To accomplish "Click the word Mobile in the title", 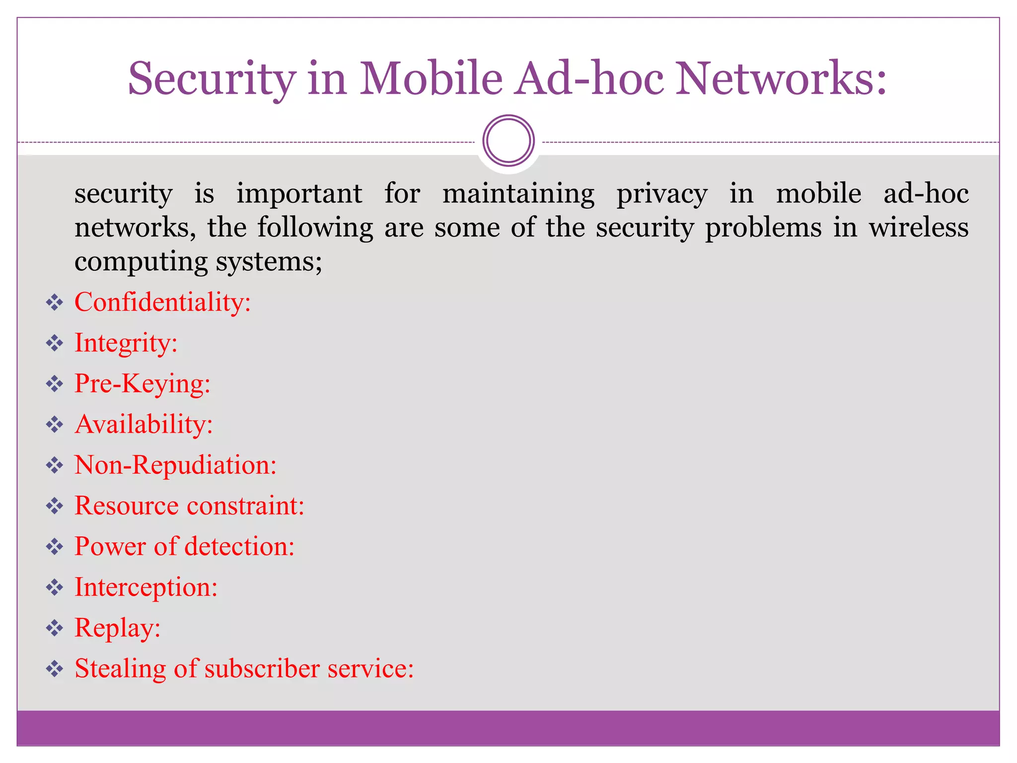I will pos(431,78).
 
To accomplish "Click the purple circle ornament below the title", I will pos(508,141).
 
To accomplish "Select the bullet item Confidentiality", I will pos(162,302).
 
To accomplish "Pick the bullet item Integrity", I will pos(126,343).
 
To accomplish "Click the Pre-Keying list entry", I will pos(143,383).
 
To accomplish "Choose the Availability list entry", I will pos(144,424).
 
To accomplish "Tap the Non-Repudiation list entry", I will pos(175,465).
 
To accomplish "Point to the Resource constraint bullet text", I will pos(189,506).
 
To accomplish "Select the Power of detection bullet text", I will pos(184,546).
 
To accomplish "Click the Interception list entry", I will pos(146,587).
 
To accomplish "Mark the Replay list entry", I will pos(118,628).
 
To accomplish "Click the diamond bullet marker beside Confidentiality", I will pos(55,303).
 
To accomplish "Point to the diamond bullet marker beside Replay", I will pos(55,628).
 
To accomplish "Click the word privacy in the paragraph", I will pos(662,194).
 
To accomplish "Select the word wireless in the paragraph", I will pos(918,228).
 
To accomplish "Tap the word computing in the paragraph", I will pos(141,262).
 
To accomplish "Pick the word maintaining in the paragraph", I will pos(518,194).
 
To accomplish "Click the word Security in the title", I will pos(212,78).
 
